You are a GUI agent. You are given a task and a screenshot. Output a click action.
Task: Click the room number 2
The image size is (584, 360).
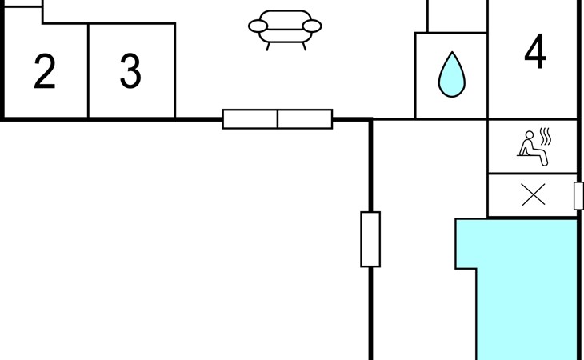pos(45,71)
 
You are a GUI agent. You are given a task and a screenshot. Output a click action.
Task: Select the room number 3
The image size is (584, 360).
pos(130,71)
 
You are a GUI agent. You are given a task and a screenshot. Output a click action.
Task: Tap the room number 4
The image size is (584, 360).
pos(535,51)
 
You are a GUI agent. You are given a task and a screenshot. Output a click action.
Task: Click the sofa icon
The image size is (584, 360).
pos(285,30)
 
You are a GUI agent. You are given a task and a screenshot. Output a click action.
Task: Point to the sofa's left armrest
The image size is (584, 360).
pos(258,26)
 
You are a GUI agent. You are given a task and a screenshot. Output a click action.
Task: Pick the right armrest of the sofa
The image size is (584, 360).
pos(312,26)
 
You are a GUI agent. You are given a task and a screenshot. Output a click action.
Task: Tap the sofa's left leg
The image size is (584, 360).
pos(268,46)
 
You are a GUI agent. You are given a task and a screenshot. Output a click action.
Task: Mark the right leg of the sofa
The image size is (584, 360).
pos(304,46)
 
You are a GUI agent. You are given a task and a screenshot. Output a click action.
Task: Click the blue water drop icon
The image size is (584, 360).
pos(452,74)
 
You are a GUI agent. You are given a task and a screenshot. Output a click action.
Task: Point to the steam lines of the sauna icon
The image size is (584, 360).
pos(546,136)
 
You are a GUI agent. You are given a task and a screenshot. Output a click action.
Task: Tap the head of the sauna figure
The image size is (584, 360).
pos(530,134)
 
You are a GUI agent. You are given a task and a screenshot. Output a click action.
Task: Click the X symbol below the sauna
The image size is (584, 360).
pos(534,194)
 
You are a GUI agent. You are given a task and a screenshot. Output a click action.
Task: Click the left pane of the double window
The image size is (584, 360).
pos(250,119)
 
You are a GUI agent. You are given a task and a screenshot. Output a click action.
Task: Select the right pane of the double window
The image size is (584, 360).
pos(305,119)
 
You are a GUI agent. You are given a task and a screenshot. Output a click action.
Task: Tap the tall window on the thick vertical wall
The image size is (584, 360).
pos(370,239)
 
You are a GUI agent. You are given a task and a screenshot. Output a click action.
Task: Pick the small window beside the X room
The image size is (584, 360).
pos(578,196)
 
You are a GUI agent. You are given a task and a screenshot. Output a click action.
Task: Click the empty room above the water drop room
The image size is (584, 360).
pos(458,16)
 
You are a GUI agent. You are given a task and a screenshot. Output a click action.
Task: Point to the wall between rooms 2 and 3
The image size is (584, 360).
pos(88,70)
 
